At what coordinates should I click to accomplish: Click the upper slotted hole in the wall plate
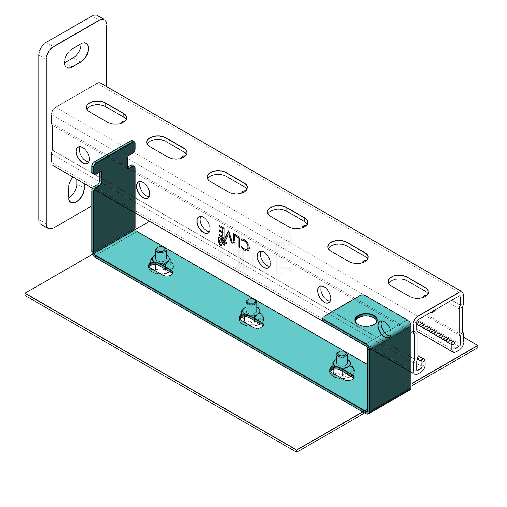pyautogui.click(x=76, y=56)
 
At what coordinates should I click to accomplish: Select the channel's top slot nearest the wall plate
pyautogui.click(x=106, y=112)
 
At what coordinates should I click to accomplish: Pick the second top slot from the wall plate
pyautogui.click(x=167, y=147)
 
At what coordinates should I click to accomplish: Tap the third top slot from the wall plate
pyautogui.click(x=227, y=182)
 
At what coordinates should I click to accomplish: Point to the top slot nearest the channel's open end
pyautogui.click(x=408, y=287)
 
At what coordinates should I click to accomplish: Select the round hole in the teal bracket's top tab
pyautogui.click(x=366, y=320)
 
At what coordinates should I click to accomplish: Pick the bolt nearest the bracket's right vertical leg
pyautogui.click(x=342, y=366)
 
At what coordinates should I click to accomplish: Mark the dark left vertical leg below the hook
pyautogui.click(x=113, y=210)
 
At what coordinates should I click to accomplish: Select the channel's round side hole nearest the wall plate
pyautogui.click(x=83, y=155)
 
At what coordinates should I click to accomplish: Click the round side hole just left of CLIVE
pyautogui.click(x=203, y=225)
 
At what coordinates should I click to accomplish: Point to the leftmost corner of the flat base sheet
pyautogui.click(x=25, y=295)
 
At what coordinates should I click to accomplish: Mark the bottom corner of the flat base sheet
pyautogui.click(x=297, y=452)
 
